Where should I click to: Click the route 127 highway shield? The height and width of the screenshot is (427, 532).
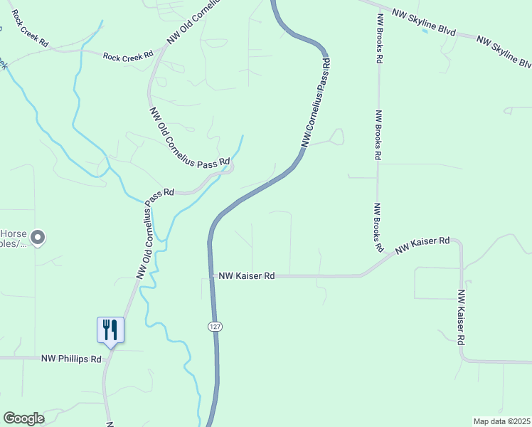pos(214,326)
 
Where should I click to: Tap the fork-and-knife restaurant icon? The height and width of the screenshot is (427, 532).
pos(110,330)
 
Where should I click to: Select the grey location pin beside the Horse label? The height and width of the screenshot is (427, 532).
pos(38,238)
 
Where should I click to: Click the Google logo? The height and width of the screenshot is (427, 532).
pos(23,418)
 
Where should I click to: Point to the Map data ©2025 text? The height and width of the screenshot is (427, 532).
pos(501,421)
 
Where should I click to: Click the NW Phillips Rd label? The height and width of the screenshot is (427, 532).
pos(71,359)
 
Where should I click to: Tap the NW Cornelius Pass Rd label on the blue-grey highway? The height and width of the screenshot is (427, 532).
pos(317,104)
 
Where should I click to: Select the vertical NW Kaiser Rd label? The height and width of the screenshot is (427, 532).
pos(462,317)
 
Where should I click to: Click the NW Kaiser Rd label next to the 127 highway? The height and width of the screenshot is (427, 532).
pos(246,275)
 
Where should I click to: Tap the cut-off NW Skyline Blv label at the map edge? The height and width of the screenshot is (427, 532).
pos(504,53)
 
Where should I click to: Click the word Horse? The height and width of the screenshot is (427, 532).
pos(14,233)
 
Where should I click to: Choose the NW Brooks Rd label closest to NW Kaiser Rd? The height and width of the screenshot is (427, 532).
pos(378,228)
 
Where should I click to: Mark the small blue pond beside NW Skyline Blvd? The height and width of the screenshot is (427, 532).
pos(425,31)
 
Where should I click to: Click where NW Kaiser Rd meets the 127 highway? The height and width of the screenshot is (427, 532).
pos(211,275)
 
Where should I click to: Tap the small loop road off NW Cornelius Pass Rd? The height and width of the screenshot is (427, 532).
pos(336,136)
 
